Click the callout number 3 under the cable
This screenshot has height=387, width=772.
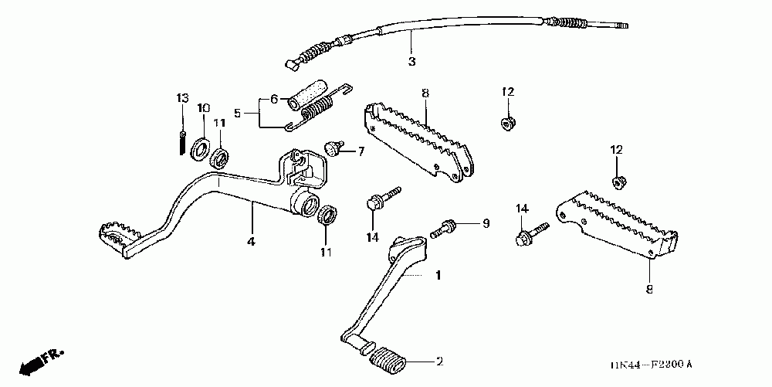pos(411,60)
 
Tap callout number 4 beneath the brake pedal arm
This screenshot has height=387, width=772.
pos(250,242)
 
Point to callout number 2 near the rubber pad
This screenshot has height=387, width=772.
pos(439,362)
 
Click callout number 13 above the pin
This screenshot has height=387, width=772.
pos(182,98)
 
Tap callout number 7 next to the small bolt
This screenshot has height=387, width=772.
pos(360,152)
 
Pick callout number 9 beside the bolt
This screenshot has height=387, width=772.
pos(486,224)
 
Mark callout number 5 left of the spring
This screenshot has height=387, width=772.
pos(238,113)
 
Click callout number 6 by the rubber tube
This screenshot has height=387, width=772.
pos(273,99)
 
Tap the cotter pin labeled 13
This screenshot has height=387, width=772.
pos(181,141)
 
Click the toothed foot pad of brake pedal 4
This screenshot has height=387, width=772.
pos(117,236)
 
